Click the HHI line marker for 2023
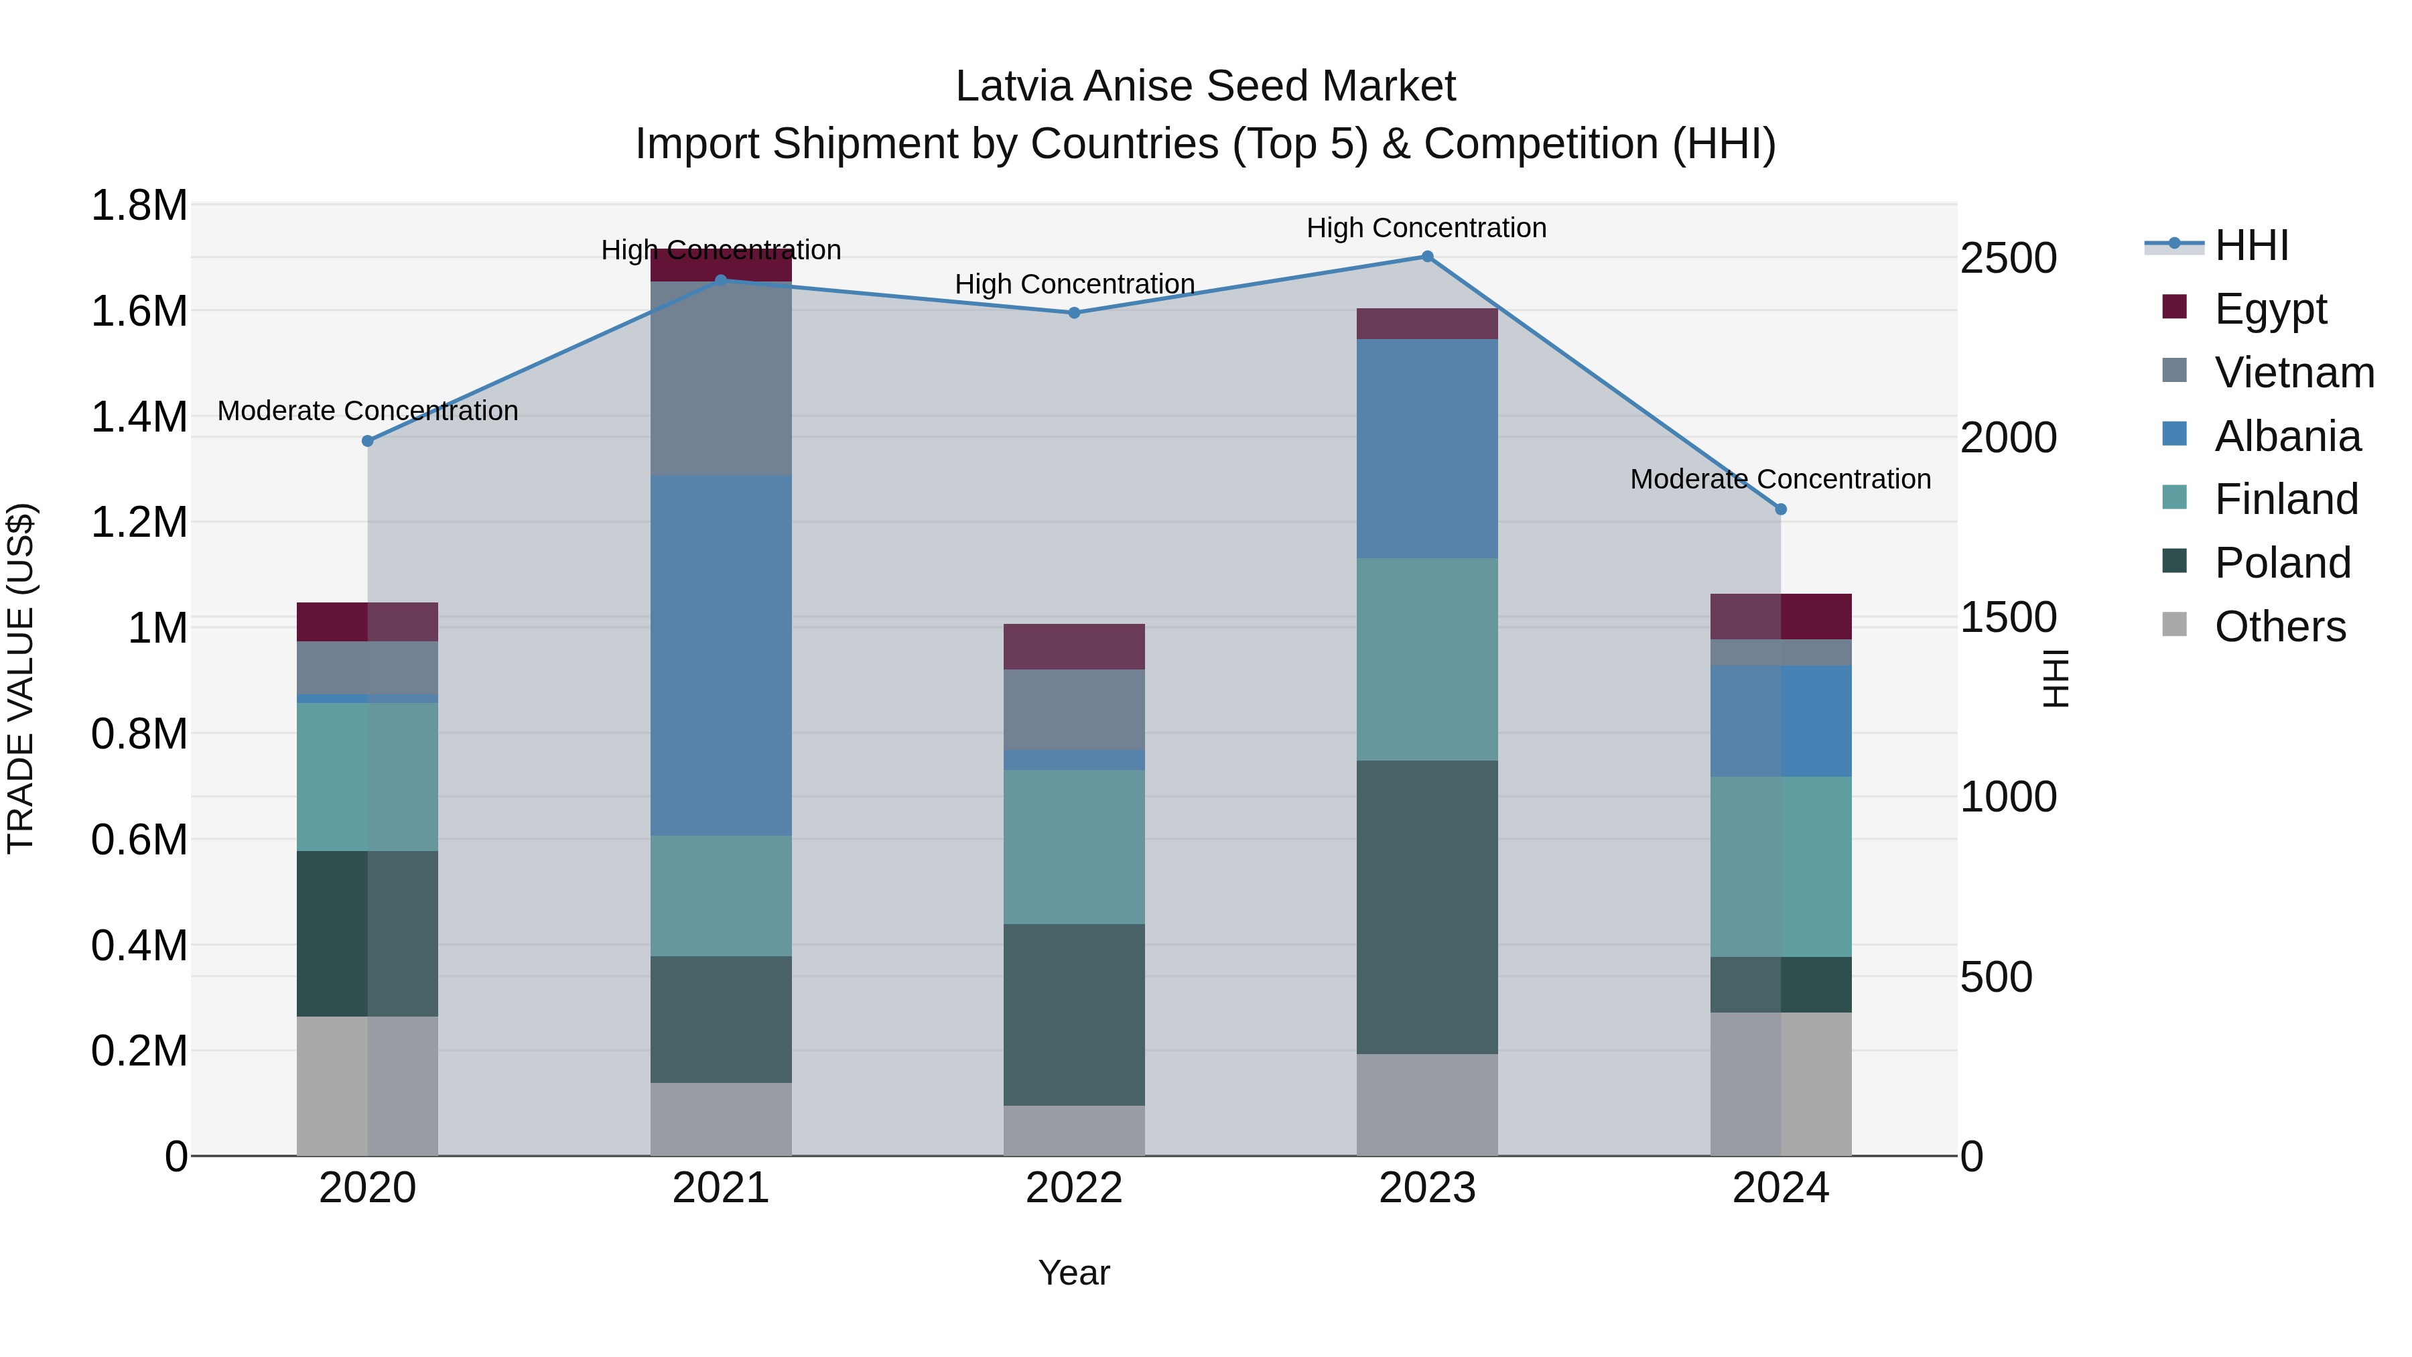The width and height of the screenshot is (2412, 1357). [1427, 257]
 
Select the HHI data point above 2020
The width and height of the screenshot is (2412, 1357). [368, 440]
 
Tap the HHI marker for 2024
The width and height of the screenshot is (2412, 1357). [1781, 509]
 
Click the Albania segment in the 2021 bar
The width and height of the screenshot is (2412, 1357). [721, 655]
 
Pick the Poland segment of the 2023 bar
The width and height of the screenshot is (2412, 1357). [1427, 907]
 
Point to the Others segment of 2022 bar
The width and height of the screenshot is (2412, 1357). [1074, 1130]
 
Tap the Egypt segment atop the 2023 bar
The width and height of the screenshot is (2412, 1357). [1427, 324]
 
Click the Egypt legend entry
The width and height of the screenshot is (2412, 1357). [2270, 309]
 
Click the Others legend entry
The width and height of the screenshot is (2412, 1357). [2279, 627]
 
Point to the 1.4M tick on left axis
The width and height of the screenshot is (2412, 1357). [139, 417]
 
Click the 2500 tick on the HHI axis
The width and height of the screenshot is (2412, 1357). [2009, 259]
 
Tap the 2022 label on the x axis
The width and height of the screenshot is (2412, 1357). [1074, 1188]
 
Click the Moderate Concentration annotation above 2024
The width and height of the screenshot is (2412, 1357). [1780, 480]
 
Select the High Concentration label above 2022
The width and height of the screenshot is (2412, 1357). [1074, 283]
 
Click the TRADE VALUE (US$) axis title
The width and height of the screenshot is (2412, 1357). [21, 678]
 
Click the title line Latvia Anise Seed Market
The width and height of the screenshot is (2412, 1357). [1205, 86]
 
